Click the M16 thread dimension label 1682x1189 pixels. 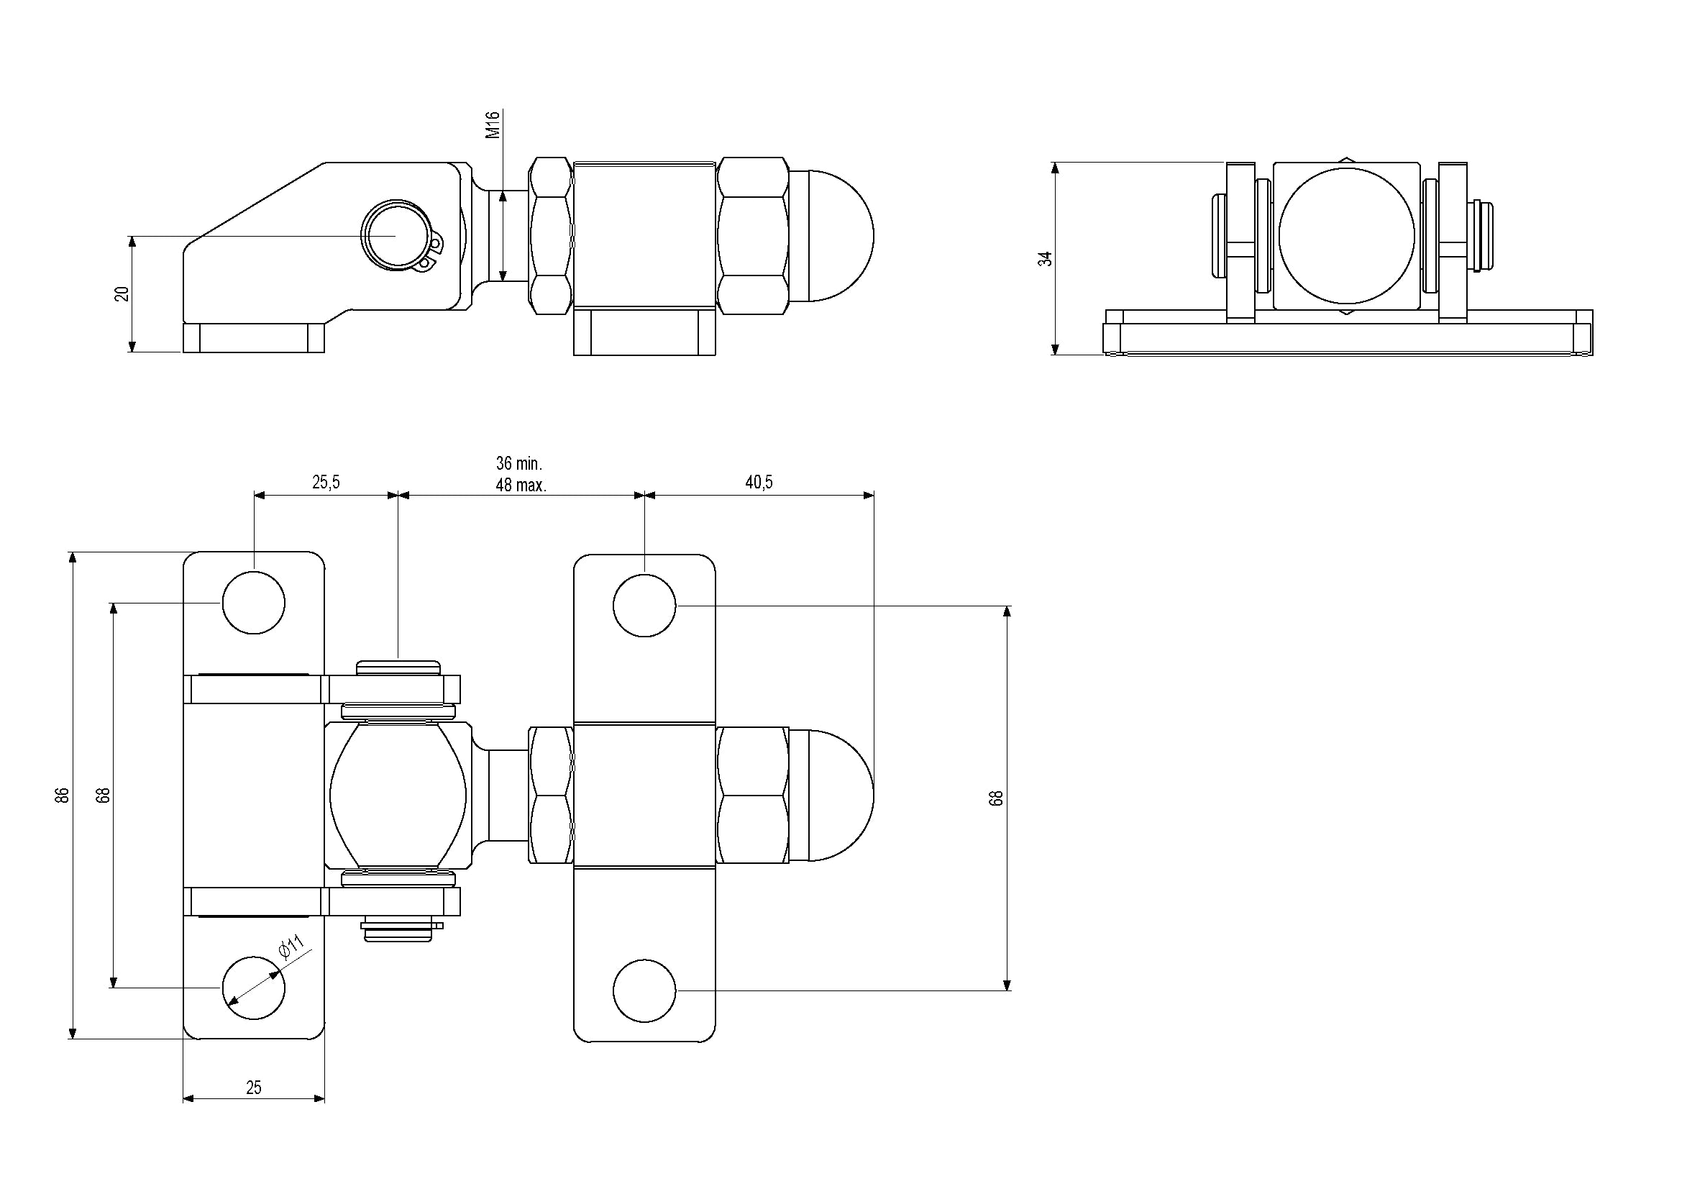point(493,124)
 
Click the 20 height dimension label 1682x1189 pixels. point(122,293)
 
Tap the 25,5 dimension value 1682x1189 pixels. point(326,482)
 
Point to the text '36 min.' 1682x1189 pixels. point(519,463)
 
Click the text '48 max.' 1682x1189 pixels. point(521,485)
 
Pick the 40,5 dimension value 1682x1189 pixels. point(759,482)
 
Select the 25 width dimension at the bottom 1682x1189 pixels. point(253,1088)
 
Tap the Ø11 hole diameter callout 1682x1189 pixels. point(291,946)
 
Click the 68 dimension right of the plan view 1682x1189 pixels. point(995,798)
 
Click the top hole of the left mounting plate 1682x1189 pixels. point(253,603)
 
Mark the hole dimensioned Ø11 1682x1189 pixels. point(253,988)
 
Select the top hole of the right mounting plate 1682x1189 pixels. point(644,606)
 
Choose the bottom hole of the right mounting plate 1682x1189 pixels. point(644,990)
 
